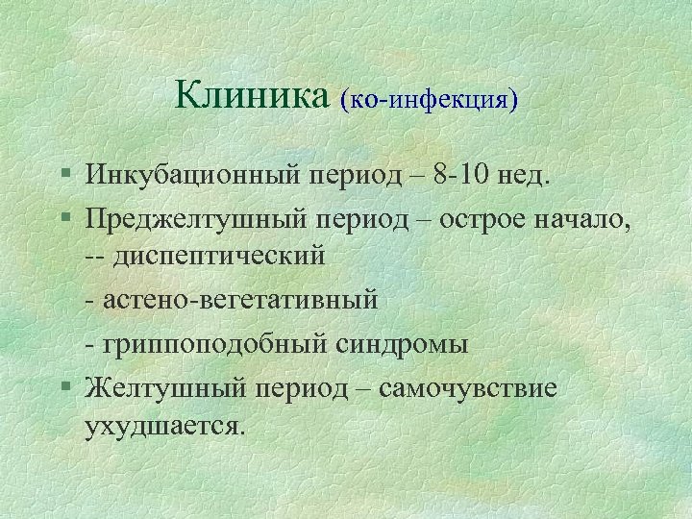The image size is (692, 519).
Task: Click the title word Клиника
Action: [x=252, y=95]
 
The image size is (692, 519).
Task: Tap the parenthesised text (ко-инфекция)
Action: [x=429, y=99]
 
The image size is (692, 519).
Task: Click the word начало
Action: [x=586, y=218]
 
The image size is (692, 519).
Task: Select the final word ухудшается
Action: [x=164, y=426]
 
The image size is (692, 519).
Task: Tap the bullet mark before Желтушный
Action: [x=63, y=386]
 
